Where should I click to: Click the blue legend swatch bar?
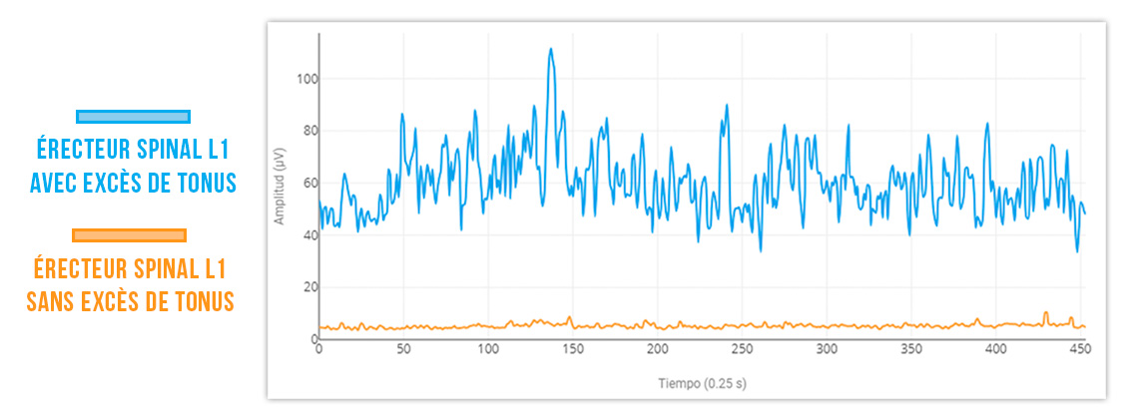pos(133,117)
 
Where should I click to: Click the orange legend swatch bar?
pos(130,235)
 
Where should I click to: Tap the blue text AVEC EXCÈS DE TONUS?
pos(133,184)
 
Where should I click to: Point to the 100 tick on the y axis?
pos(302,79)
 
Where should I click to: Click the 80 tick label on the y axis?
pos(305,131)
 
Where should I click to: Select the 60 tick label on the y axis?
pos(305,183)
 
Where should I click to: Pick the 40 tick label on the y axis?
pos(305,235)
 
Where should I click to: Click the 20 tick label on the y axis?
pos(305,287)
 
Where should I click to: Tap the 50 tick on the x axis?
pos(403,350)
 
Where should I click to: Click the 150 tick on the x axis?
pos(572,350)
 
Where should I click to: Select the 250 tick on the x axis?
pos(741,350)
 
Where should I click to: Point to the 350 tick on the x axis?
pos(909,350)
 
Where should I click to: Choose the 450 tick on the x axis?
pos(1078,350)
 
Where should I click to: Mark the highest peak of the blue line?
pos(550,49)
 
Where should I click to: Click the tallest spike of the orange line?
pos(1046,312)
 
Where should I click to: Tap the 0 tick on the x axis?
pos(319,350)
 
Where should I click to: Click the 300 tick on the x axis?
pos(826,350)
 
